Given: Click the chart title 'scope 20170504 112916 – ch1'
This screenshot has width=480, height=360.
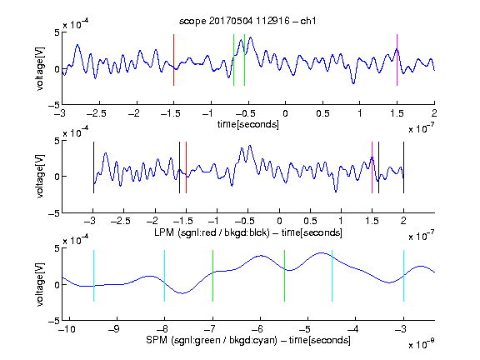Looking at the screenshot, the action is [247, 21].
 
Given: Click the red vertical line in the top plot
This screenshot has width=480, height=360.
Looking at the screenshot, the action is [173, 60].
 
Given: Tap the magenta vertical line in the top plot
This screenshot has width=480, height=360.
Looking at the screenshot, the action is [397, 60].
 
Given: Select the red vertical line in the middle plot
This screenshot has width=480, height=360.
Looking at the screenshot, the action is [186, 167].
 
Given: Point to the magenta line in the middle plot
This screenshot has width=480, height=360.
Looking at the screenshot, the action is [372, 167].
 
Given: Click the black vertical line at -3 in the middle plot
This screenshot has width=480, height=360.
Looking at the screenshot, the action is [93, 167].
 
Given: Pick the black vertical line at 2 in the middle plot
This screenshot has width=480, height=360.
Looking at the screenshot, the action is [403, 167].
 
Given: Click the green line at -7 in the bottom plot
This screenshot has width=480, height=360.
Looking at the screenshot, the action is [212, 276].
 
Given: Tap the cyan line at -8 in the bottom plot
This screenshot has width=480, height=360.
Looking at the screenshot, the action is [165, 276].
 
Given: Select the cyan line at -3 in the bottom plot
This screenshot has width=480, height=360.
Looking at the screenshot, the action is [403, 276].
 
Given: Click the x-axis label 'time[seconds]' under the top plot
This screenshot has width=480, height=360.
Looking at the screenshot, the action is [248, 125].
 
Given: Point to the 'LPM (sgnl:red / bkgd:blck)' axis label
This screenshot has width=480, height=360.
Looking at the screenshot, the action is [212, 232].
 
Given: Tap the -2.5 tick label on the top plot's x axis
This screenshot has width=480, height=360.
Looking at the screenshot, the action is [97, 114].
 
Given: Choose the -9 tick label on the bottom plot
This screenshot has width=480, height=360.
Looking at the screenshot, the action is [114, 329].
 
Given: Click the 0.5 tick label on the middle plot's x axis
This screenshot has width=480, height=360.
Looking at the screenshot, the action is [310, 221].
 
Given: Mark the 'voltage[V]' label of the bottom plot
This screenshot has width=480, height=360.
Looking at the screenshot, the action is [40, 284].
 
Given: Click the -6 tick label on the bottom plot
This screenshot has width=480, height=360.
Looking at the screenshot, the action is [258, 329].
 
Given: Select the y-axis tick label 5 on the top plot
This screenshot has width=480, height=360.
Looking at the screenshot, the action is [57, 32].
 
